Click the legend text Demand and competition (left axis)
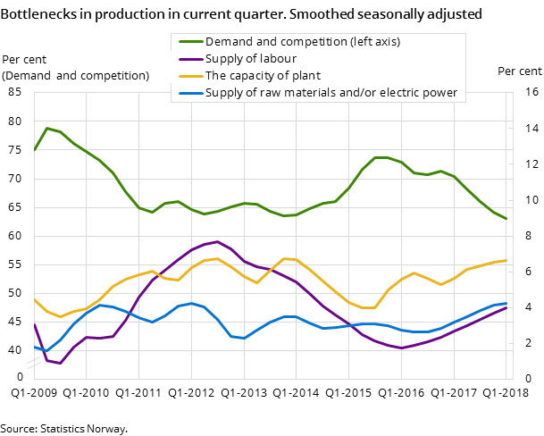tap(302, 42)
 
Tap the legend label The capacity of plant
tap(263, 76)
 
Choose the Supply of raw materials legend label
tap(331, 93)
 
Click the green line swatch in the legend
tap(188, 42)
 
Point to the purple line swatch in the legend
tap(188, 59)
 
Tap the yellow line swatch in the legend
tap(188, 76)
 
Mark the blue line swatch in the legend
tap(188, 93)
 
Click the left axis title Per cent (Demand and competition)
tap(75, 68)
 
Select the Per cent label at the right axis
tap(519, 71)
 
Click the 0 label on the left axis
tap(20, 378)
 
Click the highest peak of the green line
tap(46, 128)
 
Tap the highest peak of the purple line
tap(217, 241)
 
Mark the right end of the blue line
tap(506, 303)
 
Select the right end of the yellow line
tap(506, 261)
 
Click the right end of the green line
tap(506, 219)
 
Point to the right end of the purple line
tap(506, 307)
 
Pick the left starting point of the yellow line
tap(34, 298)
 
